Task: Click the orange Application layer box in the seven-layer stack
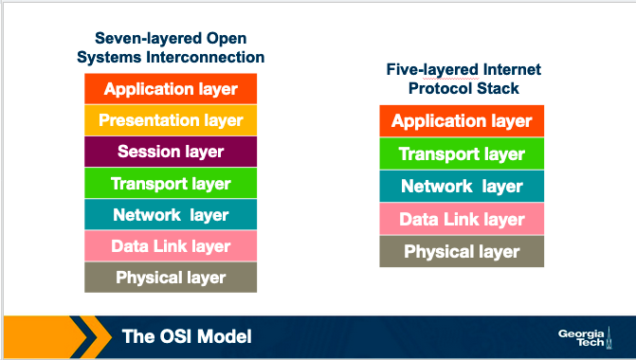[x=171, y=89]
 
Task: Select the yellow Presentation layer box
[x=171, y=120]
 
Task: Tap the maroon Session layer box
[x=171, y=152]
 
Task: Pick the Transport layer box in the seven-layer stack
[x=171, y=183]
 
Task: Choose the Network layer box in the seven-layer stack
[x=171, y=214]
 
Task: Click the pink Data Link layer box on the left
[x=171, y=245]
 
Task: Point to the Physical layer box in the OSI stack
[x=171, y=277]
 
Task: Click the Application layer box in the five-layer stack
[x=462, y=120]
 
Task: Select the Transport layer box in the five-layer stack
[x=462, y=153]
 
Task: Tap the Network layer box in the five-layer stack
[x=462, y=186]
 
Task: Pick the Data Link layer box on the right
[x=462, y=219]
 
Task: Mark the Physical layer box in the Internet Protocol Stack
[x=462, y=251]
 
